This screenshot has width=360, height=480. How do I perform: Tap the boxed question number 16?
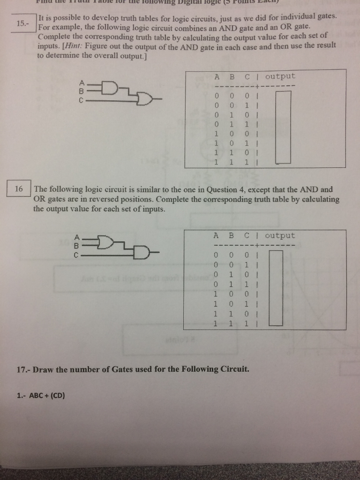pyautogui.click(x=19, y=189)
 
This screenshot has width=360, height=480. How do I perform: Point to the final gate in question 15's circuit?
pyautogui.click(x=144, y=99)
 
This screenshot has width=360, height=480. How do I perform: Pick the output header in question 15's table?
pyautogui.click(x=280, y=76)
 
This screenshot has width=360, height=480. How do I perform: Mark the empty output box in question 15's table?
pyautogui.click(x=283, y=127)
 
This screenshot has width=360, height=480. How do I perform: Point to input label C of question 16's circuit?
pyautogui.click(x=81, y=255)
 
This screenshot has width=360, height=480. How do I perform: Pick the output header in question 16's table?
pyautogui.click(x=280, y=236)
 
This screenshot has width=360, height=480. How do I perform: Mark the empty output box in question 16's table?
pyautogui.click(x=276, y=287)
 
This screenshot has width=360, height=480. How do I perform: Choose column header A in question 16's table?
pyautogui.click(x=216, y=236)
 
